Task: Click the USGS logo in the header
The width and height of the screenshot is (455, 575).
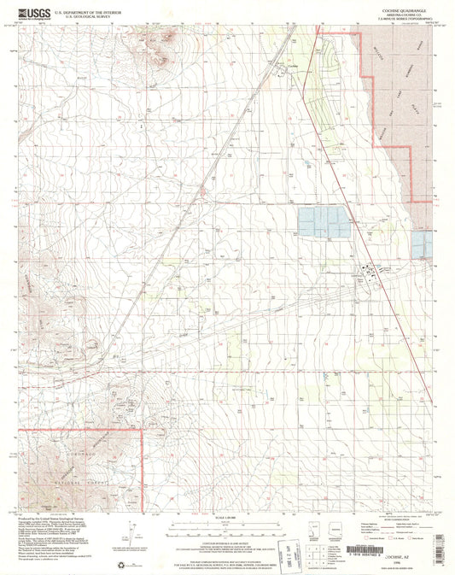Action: coord(30,13)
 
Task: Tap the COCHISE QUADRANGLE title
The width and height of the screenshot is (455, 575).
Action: coord(400,9)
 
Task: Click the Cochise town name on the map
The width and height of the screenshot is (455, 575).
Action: coord(293,67)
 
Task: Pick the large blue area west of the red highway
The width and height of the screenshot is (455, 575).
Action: coord(324,222)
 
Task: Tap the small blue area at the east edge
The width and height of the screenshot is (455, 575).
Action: coord(422,245)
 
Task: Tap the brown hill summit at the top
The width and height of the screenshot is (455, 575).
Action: coord(165,43)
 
